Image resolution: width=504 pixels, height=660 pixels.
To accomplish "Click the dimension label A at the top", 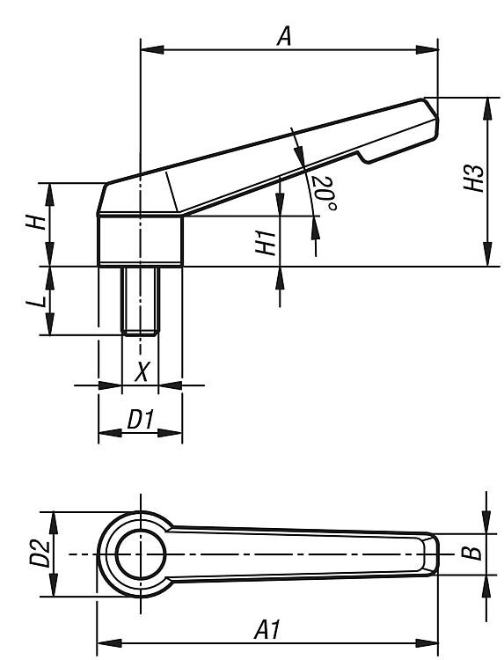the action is click(284, 36).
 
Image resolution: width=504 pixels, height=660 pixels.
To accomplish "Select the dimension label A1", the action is click(267, 629).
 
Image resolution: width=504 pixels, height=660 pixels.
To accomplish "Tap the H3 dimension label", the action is click(474, 178).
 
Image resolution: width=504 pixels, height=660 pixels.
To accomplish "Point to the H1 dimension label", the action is click(266, 243).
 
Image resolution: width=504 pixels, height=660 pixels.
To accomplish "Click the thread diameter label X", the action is click(142, 370).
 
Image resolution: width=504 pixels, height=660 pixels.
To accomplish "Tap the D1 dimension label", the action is click(140, 419).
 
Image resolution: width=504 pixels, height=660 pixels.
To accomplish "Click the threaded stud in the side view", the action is click(141, 301).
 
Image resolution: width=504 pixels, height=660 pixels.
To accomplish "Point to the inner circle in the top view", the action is click(141, 554).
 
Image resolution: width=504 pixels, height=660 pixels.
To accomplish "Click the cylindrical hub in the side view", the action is click(141, 241).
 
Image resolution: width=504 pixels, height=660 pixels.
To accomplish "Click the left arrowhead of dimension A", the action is click(152, 49).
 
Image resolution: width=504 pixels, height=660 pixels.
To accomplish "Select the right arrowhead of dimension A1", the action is click(427, 643).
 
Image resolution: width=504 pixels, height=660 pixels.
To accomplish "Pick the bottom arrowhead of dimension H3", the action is click(487, 254).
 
